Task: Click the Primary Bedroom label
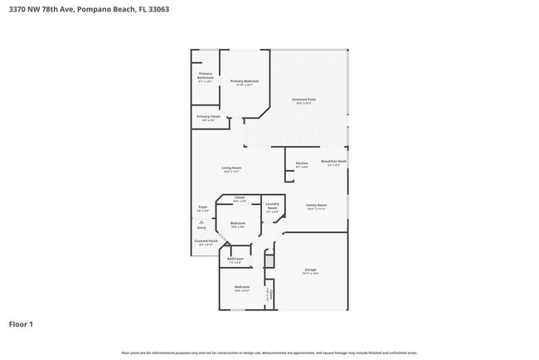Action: (x=245, y=81)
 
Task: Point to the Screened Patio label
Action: (x=303, y=100)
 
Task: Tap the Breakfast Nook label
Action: (x=333, y=162)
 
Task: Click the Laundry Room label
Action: (x=272, y=206)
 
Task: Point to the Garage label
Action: (x=311, y=270)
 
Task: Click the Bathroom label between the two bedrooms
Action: (x=236, y=259)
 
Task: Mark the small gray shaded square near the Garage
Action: (x=269, y=260)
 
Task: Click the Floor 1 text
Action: (x=21, y=324)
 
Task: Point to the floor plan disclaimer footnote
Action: (x=269, y=352)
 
